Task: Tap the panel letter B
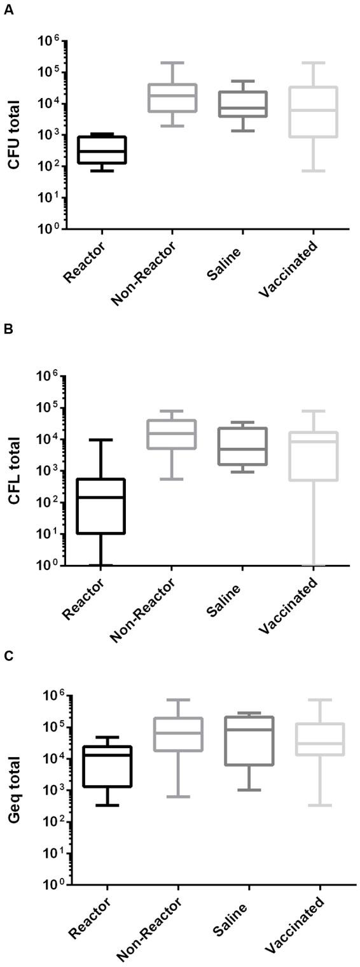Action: (8, 330)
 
